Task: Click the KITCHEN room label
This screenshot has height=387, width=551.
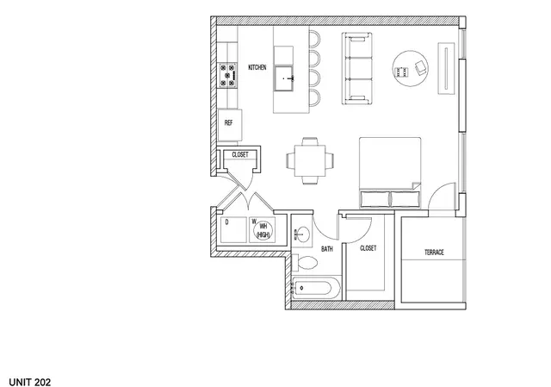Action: point(257,67)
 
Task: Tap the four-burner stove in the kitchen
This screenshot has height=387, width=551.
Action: point(227,75)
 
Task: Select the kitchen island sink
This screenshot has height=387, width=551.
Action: point(283,78)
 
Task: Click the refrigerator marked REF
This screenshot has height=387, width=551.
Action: point(230,125)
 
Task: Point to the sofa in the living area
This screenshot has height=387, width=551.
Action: point(356,68)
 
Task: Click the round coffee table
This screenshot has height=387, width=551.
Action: point(410,68)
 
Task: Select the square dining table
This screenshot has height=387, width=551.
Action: point(310,160)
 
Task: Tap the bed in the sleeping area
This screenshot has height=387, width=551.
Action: point(390,172)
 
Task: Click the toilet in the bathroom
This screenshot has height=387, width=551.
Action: point(305,263)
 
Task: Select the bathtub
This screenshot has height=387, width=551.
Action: point(316,288)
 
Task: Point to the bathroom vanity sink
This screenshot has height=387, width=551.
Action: point(302,234)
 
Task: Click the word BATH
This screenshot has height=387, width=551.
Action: point(327,249)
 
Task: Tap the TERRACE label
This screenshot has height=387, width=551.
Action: point(434,253)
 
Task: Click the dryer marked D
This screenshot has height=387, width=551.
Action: point(233,230)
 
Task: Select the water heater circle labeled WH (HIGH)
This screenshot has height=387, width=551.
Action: point(263,231)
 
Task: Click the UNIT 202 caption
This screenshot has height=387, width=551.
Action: point(30,382)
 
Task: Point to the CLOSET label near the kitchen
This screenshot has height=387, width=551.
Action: point(240,154)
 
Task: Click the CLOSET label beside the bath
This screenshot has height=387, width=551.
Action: point(368,248)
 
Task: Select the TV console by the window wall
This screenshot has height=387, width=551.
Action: point(446,68)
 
